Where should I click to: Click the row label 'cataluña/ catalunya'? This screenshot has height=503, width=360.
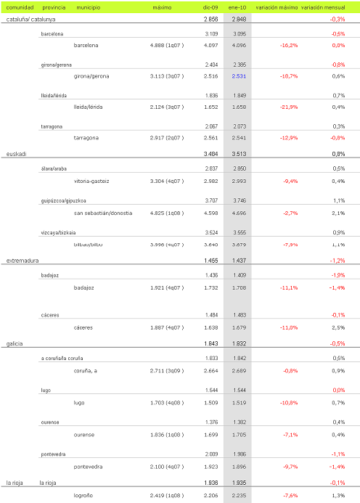(33, 19)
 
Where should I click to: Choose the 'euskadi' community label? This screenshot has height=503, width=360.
(17, 154)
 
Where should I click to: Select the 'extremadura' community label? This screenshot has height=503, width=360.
(22, 260)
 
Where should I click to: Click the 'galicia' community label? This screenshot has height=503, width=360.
(15, 343)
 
